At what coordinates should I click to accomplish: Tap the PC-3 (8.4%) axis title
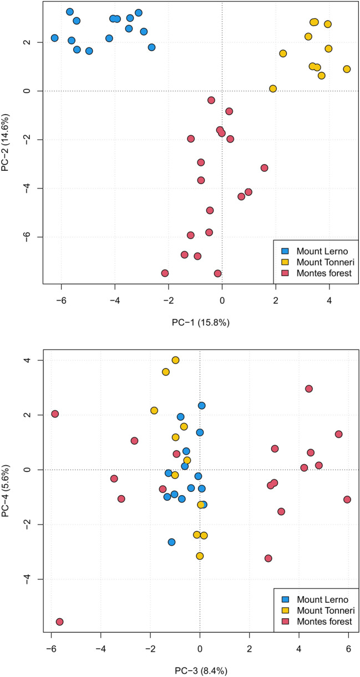click(x=199, y=670)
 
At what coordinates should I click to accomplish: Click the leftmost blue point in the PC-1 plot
click(x=54, y=38)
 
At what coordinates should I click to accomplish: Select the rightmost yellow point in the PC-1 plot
click(x=347, y=69)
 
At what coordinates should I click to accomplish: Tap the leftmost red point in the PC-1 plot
click(x=165, y=273)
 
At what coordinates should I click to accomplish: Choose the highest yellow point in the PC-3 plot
click(x=176, y=360)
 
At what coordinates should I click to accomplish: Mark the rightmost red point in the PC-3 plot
click(x=347, y=500)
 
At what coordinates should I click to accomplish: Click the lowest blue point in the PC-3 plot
click(x=172, y=542)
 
